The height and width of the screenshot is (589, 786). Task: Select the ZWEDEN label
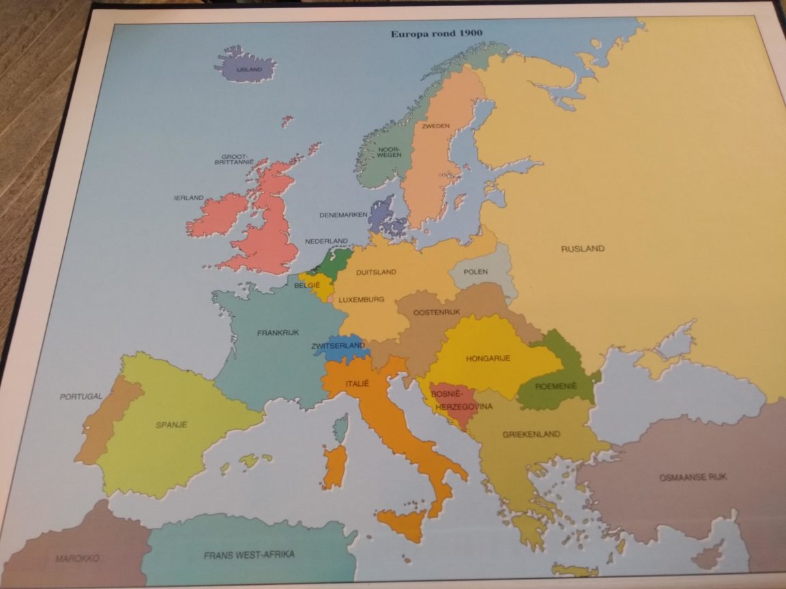435,127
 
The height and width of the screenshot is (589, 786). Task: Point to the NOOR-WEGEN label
390,152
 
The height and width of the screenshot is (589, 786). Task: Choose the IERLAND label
188,198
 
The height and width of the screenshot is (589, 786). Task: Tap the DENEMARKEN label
343,215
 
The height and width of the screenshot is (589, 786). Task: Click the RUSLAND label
582,249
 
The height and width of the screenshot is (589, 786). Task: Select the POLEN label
476,272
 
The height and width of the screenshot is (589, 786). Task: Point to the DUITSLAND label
376,272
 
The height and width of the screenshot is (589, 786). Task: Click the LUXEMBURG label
362,299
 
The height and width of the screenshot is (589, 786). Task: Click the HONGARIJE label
489,359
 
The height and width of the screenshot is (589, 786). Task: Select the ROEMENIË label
555,386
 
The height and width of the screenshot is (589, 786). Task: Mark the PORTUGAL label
81,396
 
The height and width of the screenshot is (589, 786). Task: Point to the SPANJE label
171,425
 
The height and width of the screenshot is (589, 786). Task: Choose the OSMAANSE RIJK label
693,477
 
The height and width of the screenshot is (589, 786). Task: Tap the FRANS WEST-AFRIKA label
249,555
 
